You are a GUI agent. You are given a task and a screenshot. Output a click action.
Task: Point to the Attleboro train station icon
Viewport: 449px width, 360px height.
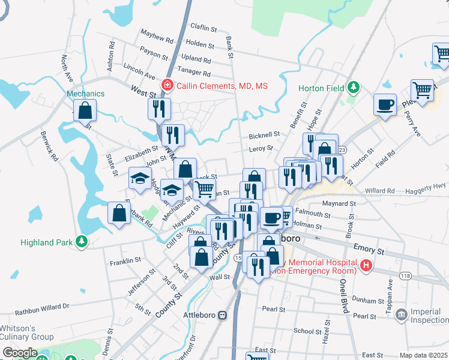(222, 314)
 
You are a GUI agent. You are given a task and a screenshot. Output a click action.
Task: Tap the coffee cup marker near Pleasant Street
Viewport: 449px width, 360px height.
(385, 105)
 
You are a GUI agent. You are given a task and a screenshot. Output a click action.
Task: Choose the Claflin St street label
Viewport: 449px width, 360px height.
(203, 28)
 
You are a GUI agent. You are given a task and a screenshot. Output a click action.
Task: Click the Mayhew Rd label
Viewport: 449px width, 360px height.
(157, 37)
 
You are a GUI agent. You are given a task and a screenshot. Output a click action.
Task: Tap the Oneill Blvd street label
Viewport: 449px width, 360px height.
(344, 296)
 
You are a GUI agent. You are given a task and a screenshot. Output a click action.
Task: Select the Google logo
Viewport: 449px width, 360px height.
(20, 353)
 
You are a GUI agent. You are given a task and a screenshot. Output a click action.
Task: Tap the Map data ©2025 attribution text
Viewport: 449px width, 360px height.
(423, 355)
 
